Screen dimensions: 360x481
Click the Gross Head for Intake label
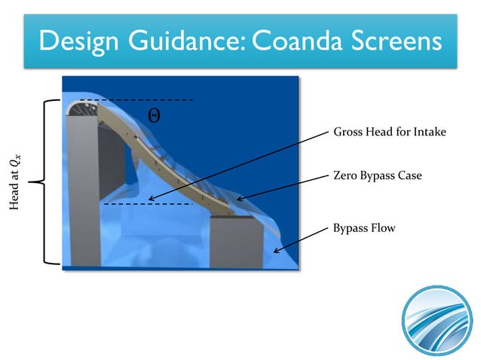pyautogui.click(x=390, y=133)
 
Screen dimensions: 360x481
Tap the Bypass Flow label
pyautogui.click(x=363, y=226)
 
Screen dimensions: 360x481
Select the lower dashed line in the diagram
pyautogui.click(x=147, y=204)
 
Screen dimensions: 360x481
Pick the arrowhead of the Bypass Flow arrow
pyautogui.click(x=277, y=252)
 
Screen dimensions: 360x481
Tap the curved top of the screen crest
pyautogui.click(x=81, y=109)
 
